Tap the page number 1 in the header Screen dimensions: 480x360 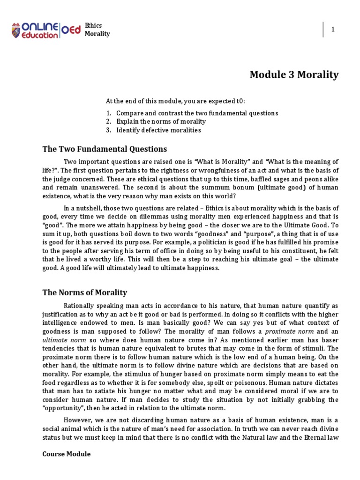[x=333, y=30]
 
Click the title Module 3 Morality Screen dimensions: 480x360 [x=294, y=75]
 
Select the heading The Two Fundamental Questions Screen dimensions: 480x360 [x=105, y=149]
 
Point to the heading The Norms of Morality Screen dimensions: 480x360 [x=84, y=292]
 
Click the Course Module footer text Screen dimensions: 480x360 [x=66, y=454]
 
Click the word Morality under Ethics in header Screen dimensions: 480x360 [x=97, y=34]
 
